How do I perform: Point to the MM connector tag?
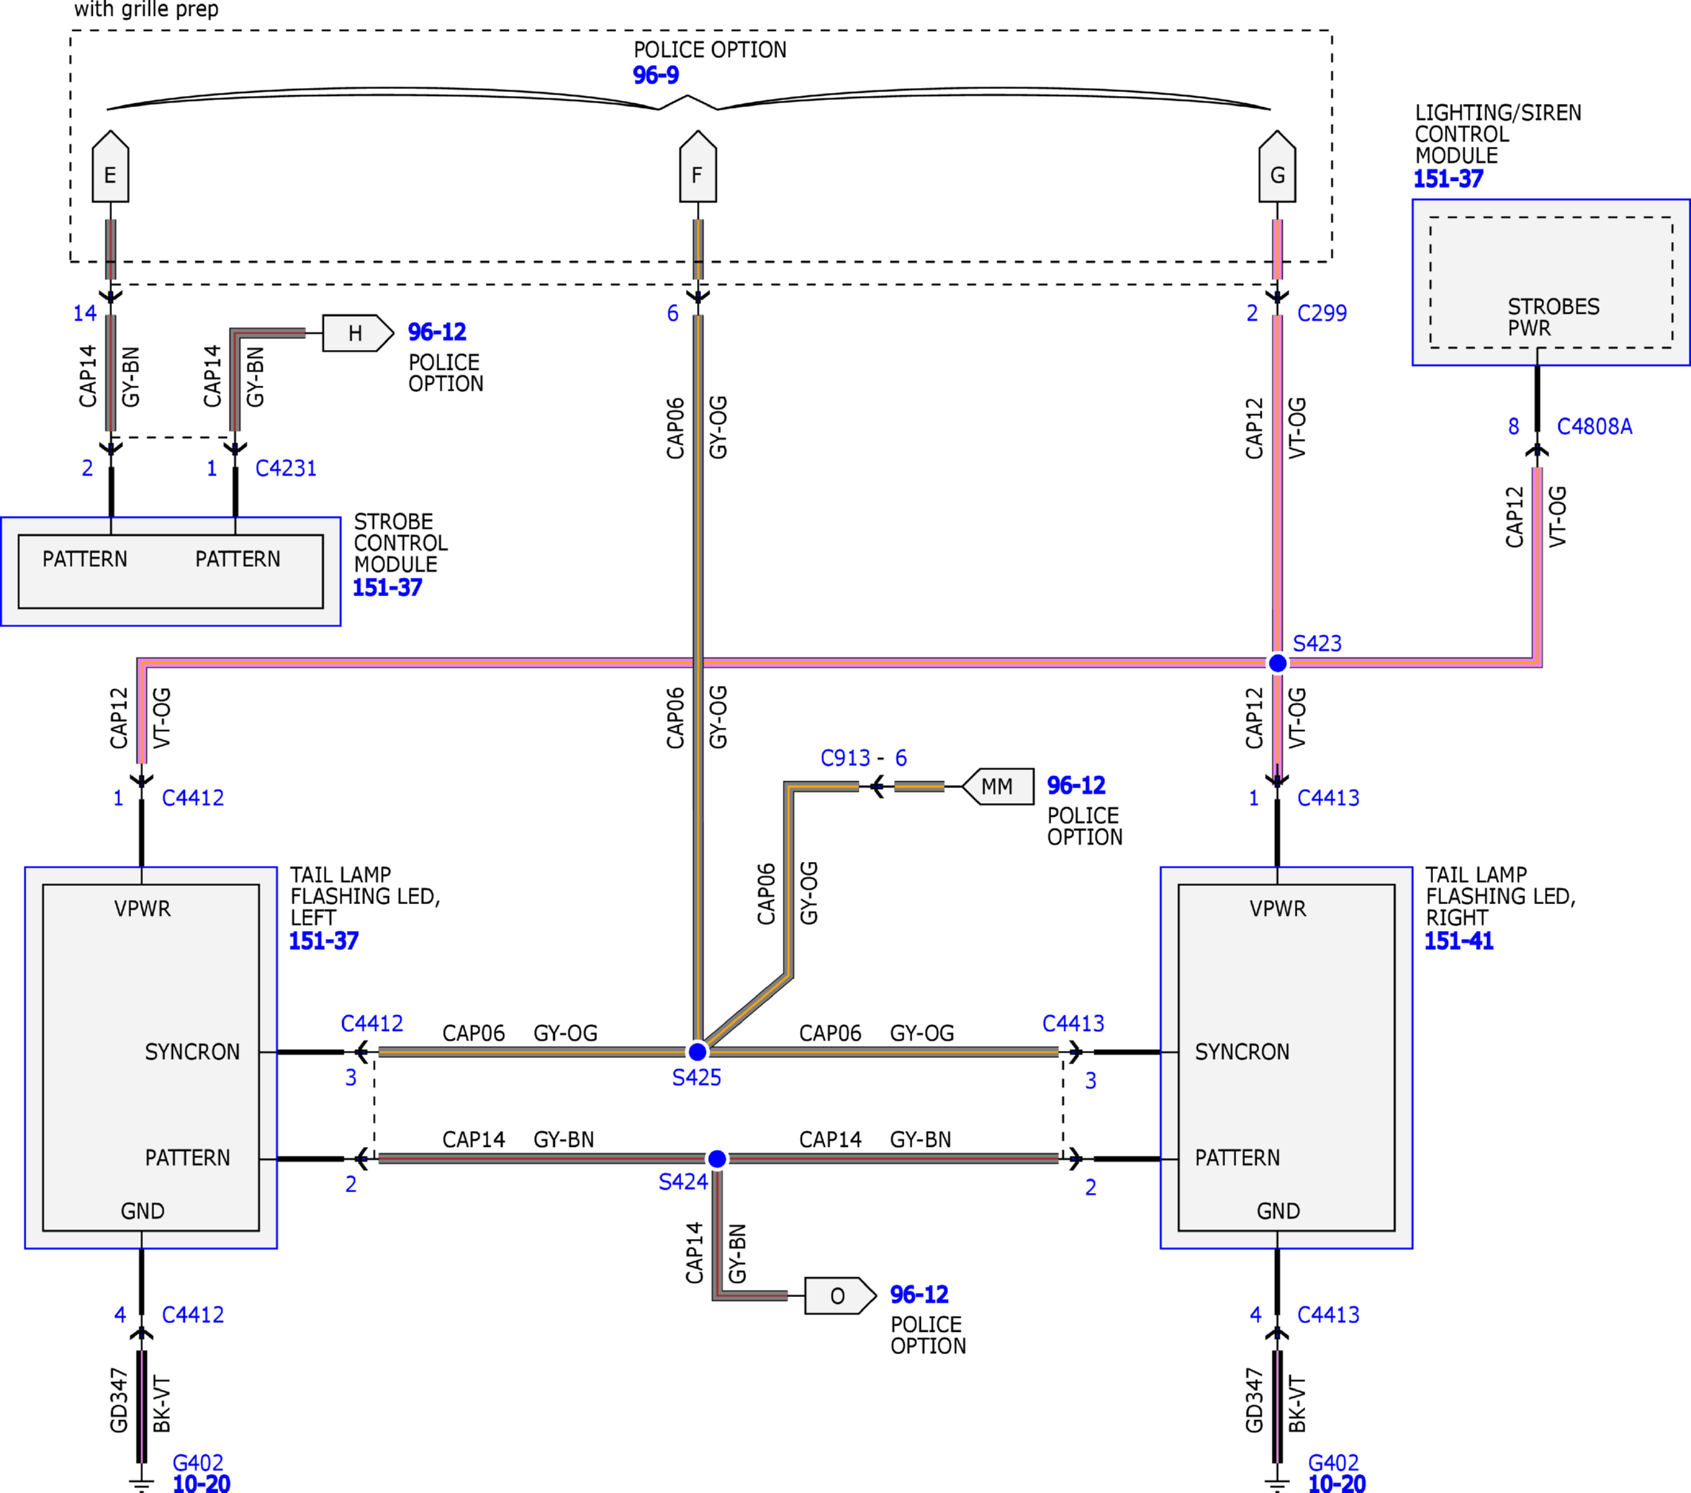click(x=998, y=786)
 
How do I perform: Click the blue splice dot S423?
click(x=1277, y=663)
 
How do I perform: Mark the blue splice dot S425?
click(x=697, y=1052)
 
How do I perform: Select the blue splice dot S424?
click(x=717, y=1159)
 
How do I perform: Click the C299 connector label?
click(x=1322, y=314)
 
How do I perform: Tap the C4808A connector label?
click(x=1594, y=427)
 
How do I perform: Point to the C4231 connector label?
click(x=286, y=468)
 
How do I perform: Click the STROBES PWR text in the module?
click(x=1553, y=317)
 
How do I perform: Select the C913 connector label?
click(x=845, y=758)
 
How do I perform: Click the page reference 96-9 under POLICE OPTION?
click(x=655, y=75)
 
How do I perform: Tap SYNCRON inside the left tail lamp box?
click(x=192, y=1052)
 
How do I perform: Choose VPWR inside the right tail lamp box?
click(x=1277, y=909)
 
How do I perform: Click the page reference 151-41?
click(x=1458, y=941)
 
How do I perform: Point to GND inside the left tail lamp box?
click(x=142, y=1212)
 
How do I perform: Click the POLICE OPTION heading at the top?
click(x=710, y=51)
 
